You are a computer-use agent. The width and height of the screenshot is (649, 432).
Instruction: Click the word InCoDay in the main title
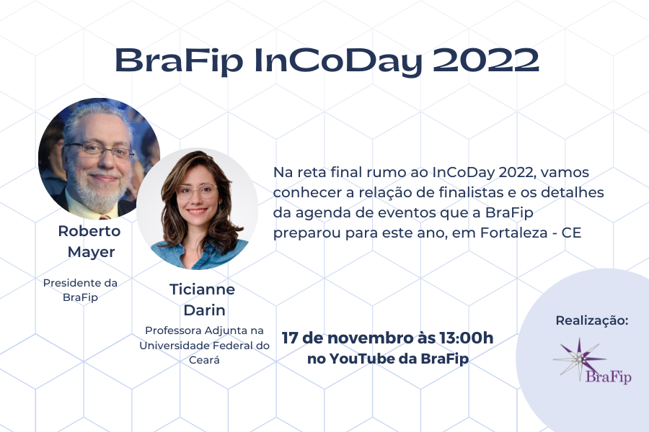337,62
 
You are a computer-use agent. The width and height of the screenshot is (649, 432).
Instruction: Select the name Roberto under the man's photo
89,230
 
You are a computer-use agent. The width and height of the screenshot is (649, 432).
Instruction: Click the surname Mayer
91,252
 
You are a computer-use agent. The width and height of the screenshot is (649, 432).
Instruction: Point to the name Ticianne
202,289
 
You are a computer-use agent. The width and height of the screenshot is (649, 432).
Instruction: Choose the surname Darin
205,310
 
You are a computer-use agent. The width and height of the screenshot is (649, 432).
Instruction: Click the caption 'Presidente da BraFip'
80,289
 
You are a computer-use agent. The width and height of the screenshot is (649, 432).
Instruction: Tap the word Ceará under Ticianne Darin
204,360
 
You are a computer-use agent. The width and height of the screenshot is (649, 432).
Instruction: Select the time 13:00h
467,338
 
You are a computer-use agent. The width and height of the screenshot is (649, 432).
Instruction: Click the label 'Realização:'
592,320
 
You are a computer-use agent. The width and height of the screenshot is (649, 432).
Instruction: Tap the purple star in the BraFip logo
580,359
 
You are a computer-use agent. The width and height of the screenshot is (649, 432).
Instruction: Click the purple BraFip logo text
609,377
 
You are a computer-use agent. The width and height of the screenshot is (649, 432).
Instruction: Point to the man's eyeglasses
100,150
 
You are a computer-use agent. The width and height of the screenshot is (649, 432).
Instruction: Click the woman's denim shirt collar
198,248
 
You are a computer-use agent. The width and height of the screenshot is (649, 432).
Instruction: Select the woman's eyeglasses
197,192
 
